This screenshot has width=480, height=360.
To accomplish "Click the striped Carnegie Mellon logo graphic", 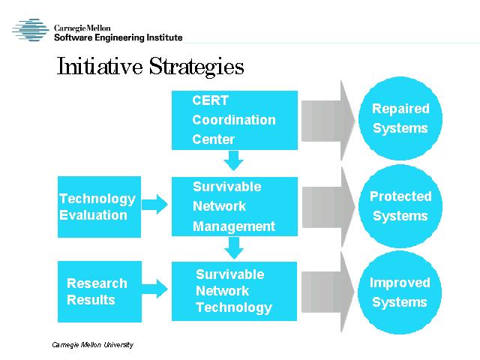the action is click(31, 30).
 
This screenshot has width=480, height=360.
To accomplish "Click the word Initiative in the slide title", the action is click(100, 66).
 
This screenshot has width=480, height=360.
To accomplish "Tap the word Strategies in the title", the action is click(196, 67).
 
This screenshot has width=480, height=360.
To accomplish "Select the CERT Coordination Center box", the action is click(235, 120).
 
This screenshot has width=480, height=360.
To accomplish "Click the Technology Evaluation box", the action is click(99, 207).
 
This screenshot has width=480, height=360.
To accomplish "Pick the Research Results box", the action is click(100, 292).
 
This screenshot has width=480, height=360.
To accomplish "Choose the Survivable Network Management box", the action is click(235, 206).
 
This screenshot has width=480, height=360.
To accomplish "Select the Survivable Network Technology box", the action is click(234, 291).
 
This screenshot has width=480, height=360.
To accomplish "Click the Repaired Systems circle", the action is click(400, 118).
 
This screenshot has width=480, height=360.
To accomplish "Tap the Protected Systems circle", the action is click(400, 206).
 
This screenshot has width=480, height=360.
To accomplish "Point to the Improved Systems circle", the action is click(400, 292).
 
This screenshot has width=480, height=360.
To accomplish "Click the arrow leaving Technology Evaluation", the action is click(154, 204).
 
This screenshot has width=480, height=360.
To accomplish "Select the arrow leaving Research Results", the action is click(154, 289).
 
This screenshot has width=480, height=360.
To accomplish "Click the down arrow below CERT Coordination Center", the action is click(233, 160).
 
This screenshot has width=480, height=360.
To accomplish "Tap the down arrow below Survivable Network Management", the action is click(234, 247).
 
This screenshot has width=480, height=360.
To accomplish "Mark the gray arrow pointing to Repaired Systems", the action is click(328, 121).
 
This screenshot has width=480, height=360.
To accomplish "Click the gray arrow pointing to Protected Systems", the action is click(328, 207).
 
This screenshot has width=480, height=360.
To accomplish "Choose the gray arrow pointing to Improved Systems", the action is click(328, 292).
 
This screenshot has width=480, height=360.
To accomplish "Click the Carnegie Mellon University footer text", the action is click(93, 345).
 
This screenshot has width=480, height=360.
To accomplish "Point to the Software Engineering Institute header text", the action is click(118, 37).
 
